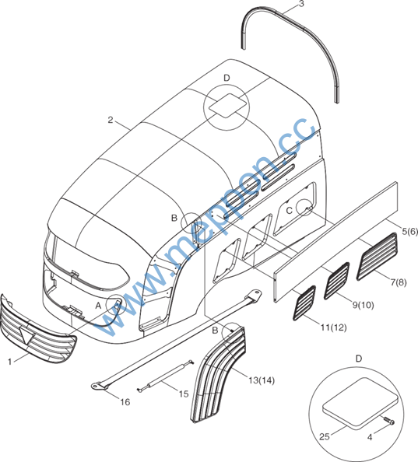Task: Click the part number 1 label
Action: (x=9, y=362)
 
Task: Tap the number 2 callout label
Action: (x=111, y=120)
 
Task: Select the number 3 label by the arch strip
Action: (x=301, y=4)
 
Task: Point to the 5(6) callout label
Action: (x=410, y=232)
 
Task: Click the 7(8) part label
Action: (x=399, y=282)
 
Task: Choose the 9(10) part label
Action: (x=364, y=305)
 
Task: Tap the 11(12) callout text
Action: (x=334, y=327)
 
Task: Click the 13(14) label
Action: (x=262, y=380)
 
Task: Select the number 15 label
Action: (x=184, y=394)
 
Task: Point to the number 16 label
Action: (x=125, y=402)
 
